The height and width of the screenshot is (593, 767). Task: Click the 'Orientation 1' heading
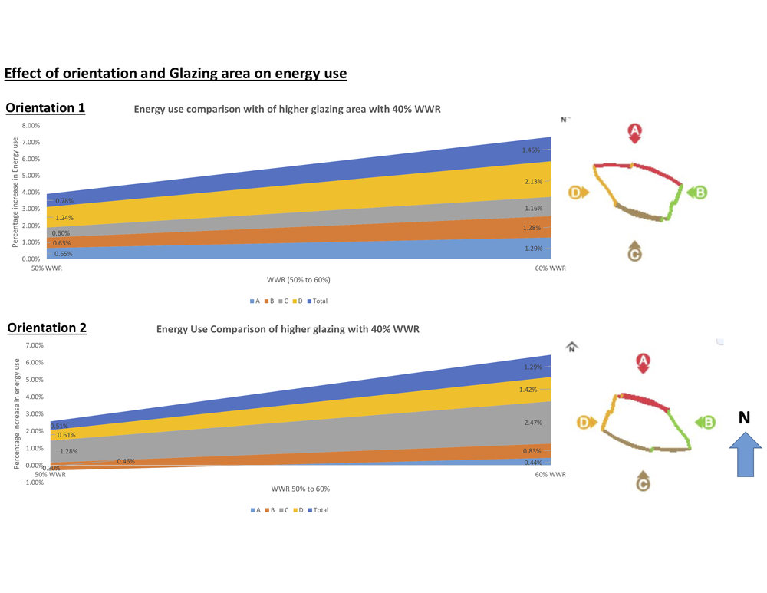coord(45,108)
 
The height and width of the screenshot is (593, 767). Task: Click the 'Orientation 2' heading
coord(47,328)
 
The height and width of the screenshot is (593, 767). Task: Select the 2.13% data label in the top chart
coord(533,182)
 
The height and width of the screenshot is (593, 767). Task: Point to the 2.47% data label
coord(533,423)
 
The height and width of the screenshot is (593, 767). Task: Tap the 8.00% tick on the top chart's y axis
coord(31,126)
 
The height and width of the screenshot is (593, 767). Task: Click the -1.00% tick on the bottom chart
coord(33,483)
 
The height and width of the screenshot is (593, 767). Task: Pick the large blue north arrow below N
coord(743,454)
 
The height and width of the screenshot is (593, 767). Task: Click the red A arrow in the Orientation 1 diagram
coord(634,133)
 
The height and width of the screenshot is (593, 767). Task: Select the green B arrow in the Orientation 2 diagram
coord(706,422)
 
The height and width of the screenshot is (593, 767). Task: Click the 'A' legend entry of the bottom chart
coord(255,510)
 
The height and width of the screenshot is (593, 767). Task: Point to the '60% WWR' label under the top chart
coord(550,268)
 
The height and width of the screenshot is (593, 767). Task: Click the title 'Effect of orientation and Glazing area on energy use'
coord(176,74)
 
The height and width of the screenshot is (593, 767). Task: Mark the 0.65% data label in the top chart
coord(64,254)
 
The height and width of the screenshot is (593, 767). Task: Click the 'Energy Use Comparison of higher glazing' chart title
coord(288,329)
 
